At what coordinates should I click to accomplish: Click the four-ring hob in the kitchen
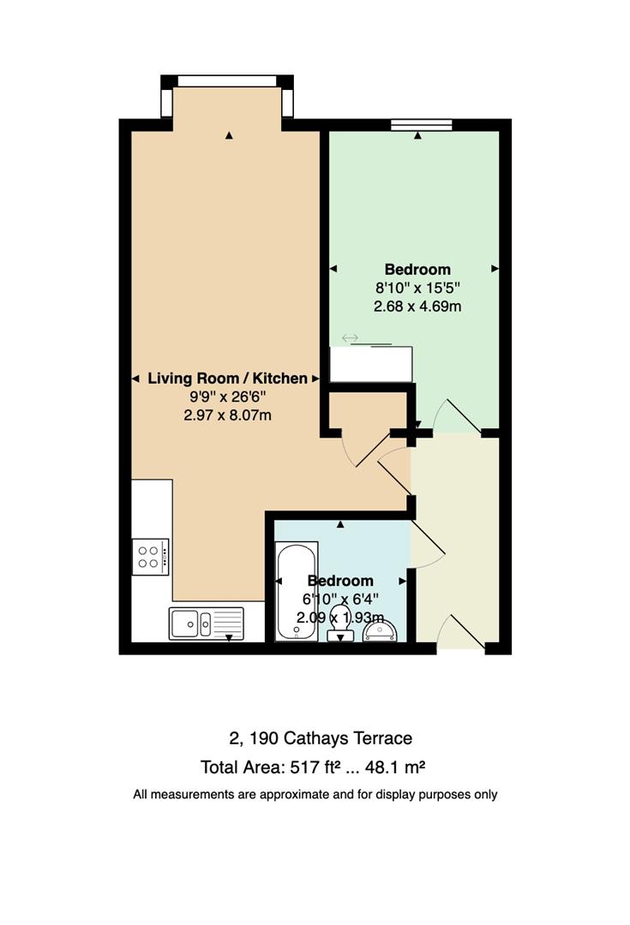[x=151, y=557]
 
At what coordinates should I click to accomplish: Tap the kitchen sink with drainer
[x=206, y=623]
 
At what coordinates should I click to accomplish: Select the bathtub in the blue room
[x=297, y=592]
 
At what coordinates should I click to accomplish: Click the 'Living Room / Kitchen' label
[x=227, y=379]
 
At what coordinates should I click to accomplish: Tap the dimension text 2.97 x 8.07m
[x=227, y=415]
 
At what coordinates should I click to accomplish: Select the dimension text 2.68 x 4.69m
[x=417, y=307]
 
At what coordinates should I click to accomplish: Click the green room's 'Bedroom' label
[x=417, y=270]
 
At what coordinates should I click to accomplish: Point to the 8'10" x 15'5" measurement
[x=417, y=288]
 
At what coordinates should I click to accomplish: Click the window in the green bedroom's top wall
[x=421, y=124]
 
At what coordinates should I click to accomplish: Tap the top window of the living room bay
[x=227, y=81]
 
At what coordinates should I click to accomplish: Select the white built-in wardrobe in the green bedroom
[x=371, y=364]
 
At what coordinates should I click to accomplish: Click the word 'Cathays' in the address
[x=315, y=738]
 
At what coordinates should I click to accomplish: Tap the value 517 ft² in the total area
[x=316, y=767]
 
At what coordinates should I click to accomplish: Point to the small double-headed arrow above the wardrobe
[x=350, y=338]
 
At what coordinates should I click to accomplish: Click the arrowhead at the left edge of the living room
[x=135, y=379]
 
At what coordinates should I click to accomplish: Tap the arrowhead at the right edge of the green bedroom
[x=495, y=269]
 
